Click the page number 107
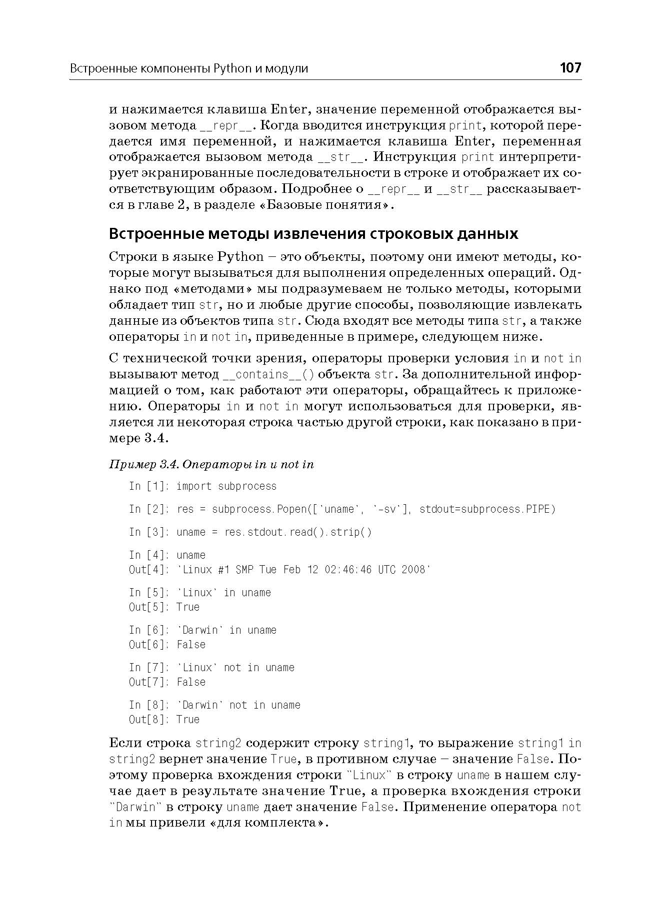click(570, 68)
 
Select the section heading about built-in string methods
click(313, 234)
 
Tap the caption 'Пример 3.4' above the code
click(143, 465)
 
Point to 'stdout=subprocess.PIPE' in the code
click(487, 509)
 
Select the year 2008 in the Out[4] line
click(415, 570)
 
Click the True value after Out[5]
click(188, 607)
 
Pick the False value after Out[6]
click(191, 645)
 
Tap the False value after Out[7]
click(191, 682)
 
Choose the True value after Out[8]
click(188, 720)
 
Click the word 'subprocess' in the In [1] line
click(247, 486)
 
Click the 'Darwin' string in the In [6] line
click(200, 630)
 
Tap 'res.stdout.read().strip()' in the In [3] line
click(298, 532)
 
